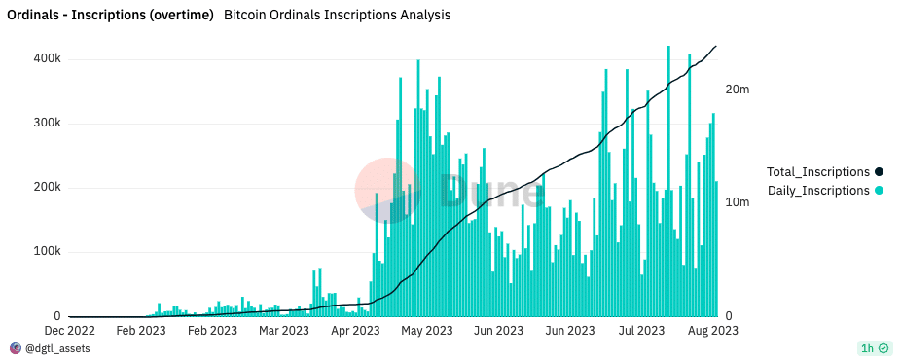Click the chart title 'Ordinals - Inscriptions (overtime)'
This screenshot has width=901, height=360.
(x=111, y=16)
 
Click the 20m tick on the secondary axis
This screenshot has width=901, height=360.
(x=737, y=90)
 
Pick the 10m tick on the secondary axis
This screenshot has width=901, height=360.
(x=737, y=203)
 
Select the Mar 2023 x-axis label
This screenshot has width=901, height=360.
(x=283, y=331)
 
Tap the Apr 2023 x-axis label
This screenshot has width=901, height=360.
(x=354, y=331)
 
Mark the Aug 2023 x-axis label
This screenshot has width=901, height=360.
(x=711, y=331)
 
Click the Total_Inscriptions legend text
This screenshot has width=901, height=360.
(x=818, y=172)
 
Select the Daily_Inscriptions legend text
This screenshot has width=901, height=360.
(x=818, y=191)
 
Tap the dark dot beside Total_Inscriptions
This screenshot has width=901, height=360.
(x=879, y=172)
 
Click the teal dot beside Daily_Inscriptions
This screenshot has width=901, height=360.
(x=879, y=191)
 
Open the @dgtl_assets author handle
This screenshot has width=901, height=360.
(x=57, y=348)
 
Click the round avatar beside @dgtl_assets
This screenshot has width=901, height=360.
(x=15, y=348)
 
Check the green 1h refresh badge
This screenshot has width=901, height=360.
(x=874, y=348)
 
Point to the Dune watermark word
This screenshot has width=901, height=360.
(x=491, y=191)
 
